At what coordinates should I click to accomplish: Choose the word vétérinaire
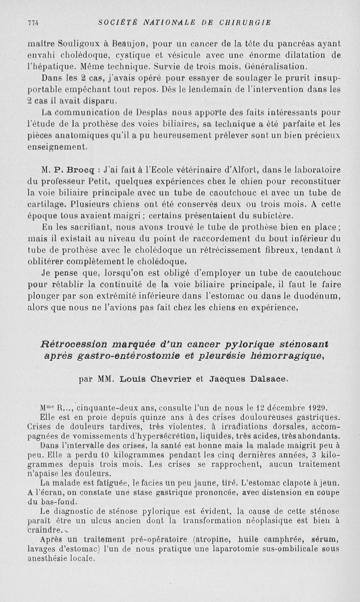point(182,170)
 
